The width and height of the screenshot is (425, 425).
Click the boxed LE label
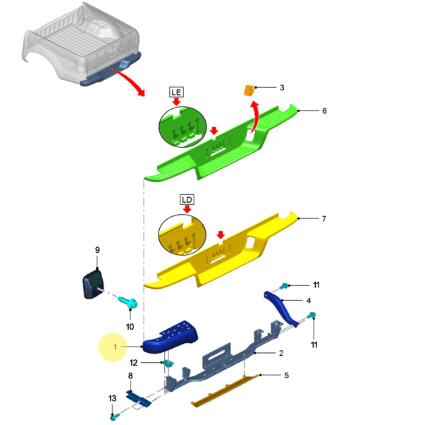click(x=176, y=92)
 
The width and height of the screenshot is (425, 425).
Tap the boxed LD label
click(x=187, y=200)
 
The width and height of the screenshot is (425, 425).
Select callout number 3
click(x=282, y=87)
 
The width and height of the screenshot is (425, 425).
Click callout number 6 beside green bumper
click(x=324, y=111)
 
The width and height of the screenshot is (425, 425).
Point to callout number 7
click(x=324, y=219)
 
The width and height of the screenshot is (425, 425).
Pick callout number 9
click(x=97, y=250)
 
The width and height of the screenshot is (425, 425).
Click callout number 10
click(x=130, y=327)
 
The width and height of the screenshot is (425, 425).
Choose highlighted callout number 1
click(x=115, y=347)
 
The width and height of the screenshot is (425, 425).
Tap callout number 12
click(x=134, y=363)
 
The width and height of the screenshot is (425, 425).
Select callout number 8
click(x=130, y=376)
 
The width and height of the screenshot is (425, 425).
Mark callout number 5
click(x=287, y=375)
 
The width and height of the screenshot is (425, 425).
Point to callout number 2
click(x=281, y=353)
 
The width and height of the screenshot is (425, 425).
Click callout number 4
click(x=309, y=300)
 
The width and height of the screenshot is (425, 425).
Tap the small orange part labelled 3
click(x=249, y=90)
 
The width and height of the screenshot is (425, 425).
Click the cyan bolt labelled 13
click(x=115, y=416)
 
